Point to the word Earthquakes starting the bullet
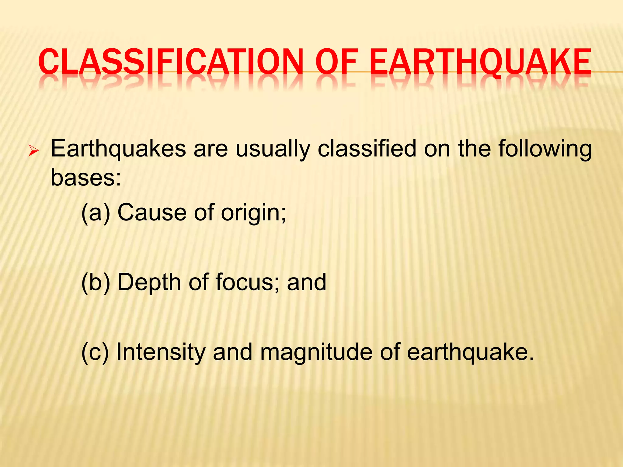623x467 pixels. [x=118, y=149]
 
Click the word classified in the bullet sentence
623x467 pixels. [x=367, y=149]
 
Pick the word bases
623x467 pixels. [x=85, y=178]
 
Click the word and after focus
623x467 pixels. [x=307, y=282]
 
